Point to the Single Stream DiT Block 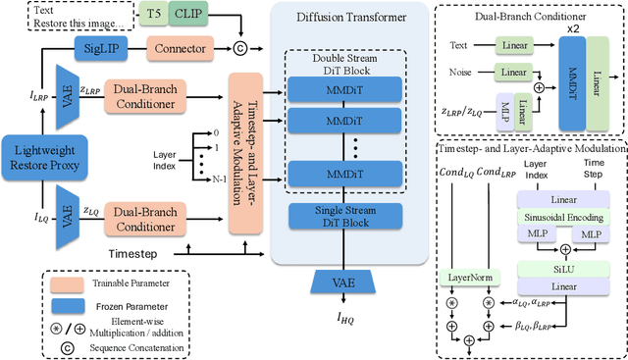[x=349, y=215]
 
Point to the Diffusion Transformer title [x=348, y=17]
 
